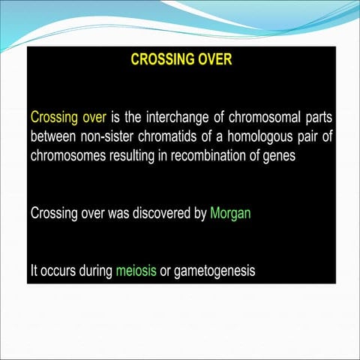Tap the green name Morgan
coord(230,213)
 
